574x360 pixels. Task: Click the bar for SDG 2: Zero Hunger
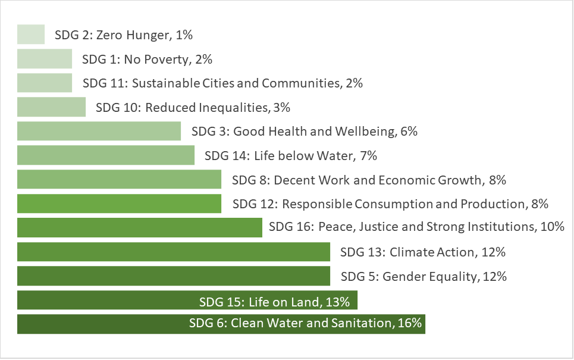click(31, 35)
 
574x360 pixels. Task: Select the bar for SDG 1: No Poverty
click(45, 59)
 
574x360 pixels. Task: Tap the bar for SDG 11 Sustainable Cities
click(45, 83)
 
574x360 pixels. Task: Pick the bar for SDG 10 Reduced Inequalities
click(51, 107)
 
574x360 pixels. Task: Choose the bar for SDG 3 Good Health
click(99, 132)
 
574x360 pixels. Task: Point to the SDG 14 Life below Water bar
click(106, 155)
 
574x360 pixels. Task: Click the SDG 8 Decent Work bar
click(119, 180)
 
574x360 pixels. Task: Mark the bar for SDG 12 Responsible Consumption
click(119, 204)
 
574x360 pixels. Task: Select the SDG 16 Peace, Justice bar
click(140, 227)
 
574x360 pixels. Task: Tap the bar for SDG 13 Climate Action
click(174, 252)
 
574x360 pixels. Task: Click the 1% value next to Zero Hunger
click(184, 35)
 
